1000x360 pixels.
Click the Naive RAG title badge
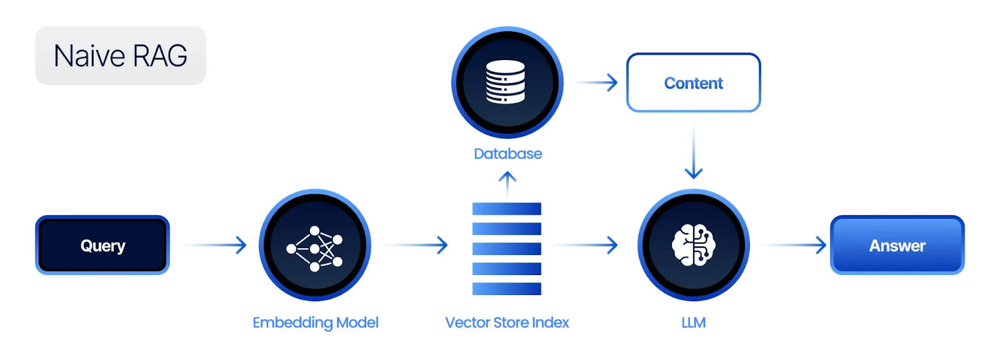coord(121,56)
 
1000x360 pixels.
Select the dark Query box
coord(102,245)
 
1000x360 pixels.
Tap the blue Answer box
coord(897,245)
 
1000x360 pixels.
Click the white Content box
coord(693,82)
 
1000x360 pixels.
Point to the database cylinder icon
coord(506,82)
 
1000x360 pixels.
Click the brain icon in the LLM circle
coord(693,245)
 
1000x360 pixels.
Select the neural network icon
coord(314,248)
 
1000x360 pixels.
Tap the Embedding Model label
coord(315,322)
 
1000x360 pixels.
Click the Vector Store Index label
coord(507,322)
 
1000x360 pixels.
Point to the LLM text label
coord(693,322)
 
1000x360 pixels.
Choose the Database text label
coord(507,154)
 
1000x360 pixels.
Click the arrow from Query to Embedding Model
coord(216,245)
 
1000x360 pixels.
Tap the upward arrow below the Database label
coord(507,184)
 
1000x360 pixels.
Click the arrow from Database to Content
coord(597,82)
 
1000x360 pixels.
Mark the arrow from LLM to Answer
coord(795,245)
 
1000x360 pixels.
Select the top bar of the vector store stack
coord(507,209)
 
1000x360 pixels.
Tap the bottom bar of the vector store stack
coord(507,289)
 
